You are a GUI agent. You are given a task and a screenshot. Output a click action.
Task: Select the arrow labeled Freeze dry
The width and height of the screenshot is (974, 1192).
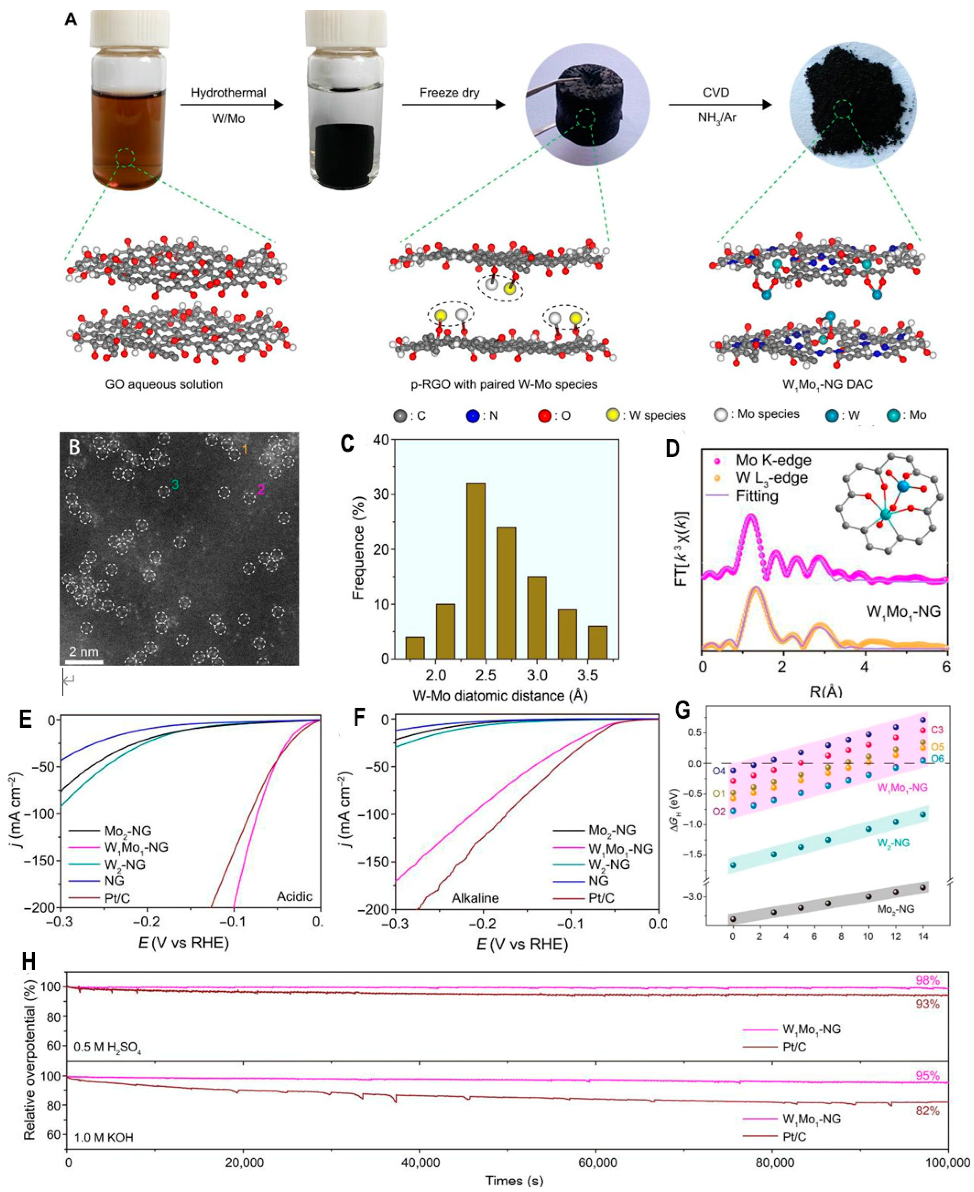tap(453, 104)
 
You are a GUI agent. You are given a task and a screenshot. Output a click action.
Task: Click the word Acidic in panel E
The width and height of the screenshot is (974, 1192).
tap(295, 896)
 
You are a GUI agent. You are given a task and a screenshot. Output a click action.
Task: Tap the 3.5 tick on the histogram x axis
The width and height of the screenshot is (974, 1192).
tap(597, 675)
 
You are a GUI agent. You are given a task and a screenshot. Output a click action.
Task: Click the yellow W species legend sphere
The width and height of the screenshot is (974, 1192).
tap(613, 416)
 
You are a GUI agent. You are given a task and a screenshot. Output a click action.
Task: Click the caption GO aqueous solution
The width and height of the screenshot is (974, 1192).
tap(164, 384)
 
